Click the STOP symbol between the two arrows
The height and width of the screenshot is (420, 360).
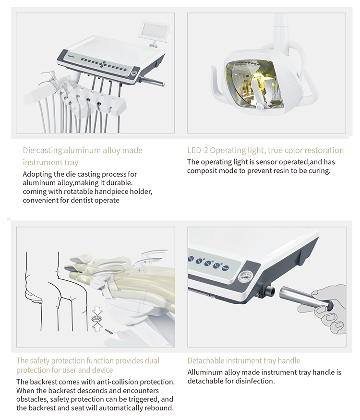point(96,318)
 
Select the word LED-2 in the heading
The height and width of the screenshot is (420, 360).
point(197,150)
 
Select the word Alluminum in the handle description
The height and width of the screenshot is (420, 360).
point(204,372)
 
